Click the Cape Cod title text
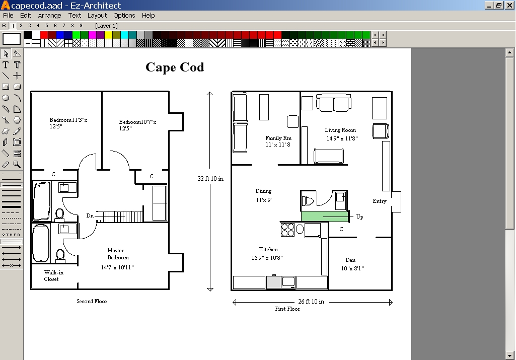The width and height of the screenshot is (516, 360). coord(175,67)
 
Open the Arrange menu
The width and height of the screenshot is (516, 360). coord(49,16)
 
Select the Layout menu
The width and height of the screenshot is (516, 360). coord(97,16)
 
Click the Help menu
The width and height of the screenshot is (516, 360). coord(148,16)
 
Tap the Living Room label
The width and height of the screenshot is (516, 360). coord(340,130)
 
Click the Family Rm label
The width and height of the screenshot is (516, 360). coord(278,138)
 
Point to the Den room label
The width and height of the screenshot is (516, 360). coord(350,260)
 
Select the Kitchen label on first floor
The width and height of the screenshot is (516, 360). coord(268,249)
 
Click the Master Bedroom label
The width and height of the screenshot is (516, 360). coord(115,254)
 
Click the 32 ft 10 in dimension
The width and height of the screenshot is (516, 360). coord(210,179)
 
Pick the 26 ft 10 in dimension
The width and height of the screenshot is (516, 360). coord(311,302)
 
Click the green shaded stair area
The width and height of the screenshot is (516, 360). coord(325,217)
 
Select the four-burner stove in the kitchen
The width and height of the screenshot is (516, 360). coord(287,230)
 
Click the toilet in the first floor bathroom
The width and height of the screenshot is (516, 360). coord(308,201)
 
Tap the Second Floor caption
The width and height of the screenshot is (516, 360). coord(92,302)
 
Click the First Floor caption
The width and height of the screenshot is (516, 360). coord(287,309)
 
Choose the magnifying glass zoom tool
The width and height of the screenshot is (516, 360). coord(17,165)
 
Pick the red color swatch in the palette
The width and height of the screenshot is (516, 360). coord(44,35)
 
